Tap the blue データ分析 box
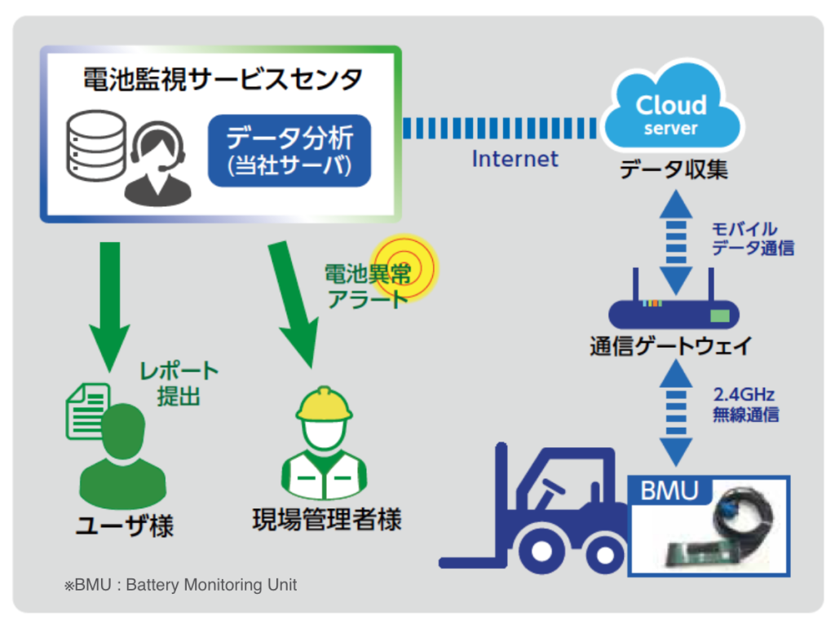pos(289,149)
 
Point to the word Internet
pos(515,158)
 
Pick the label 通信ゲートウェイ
pos(670,346)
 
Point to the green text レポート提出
pos(179,384)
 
